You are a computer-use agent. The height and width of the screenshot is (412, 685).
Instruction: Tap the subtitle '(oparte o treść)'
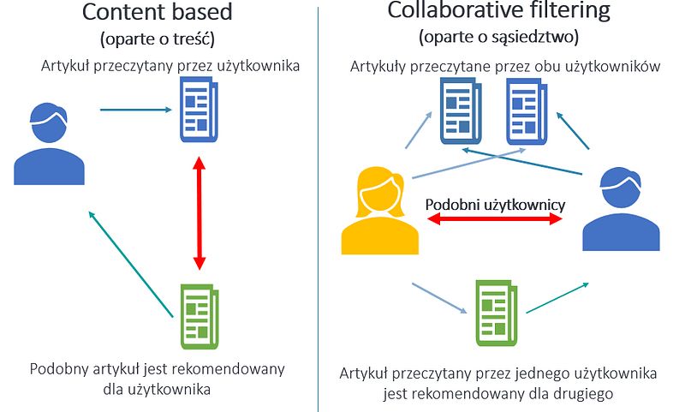pyautogui.click(x=157, y=39)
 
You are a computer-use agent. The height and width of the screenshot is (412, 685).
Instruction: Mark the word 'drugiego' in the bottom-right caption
pyautogui.click(x=568, y=394)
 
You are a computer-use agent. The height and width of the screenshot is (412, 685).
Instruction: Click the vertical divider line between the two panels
pyautogui.click(x=318, y=206)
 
